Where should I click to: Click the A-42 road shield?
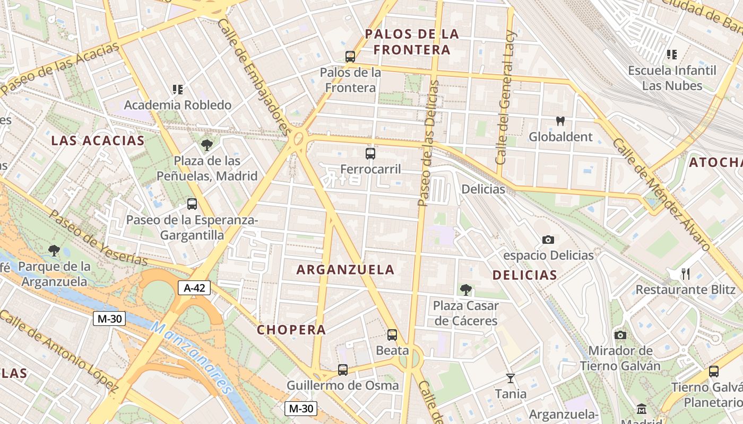point(194,288)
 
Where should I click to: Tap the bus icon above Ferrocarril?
point(370,154)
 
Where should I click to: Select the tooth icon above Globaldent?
point(560,121)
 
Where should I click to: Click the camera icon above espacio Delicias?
point(548,240)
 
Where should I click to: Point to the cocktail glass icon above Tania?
point(511,378)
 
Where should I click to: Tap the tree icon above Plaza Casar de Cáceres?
point(466,289)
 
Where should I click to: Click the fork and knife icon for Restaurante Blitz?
point(686,273)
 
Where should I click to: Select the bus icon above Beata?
point(392,335)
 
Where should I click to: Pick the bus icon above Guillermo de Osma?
point(343,369)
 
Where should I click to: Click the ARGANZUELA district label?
point(345,269)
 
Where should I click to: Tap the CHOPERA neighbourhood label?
point(291,330)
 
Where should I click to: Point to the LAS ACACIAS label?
point(98,140)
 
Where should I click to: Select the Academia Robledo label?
point(178,105)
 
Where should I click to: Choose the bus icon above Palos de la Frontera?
point(350,57)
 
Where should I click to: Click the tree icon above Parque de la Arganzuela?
point(54,250)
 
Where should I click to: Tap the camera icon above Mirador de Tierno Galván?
point(620,335)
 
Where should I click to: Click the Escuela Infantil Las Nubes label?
point(672,78)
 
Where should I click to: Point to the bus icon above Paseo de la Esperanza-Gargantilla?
point(192,204)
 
